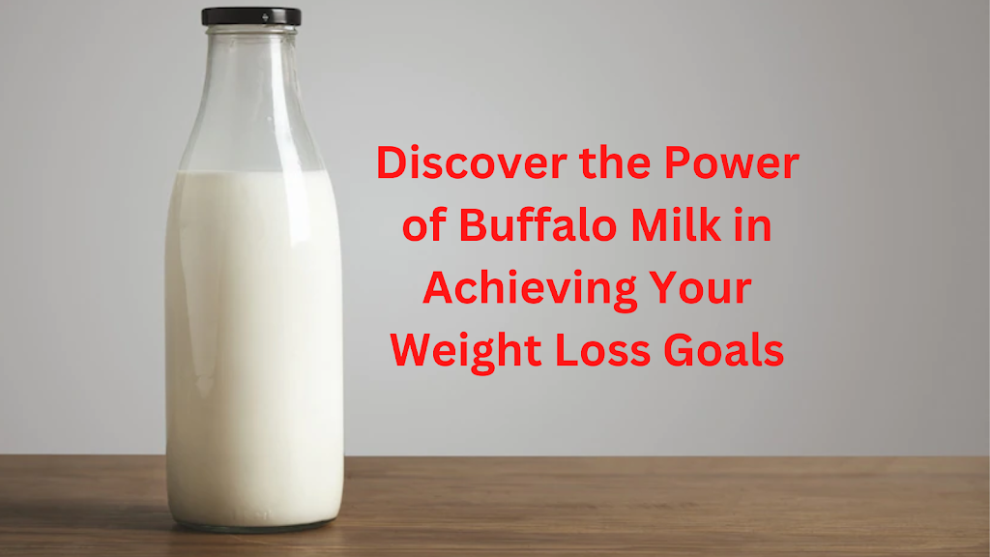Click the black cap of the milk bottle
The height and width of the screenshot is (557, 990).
(x=251, y=16)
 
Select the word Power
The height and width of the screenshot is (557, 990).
(x=732, y=162)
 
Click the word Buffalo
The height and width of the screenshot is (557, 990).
(x=538, y=224)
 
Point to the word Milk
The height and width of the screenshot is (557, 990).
(x=676, y=224)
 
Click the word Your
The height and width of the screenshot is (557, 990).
(x=701, y=287)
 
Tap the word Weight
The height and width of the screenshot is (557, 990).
(x=466, y=351)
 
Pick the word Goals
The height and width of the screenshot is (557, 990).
(x=723, y=350)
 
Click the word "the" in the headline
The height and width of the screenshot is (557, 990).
(x=615, y=162)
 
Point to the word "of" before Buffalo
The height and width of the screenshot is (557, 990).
(x=424, y=224)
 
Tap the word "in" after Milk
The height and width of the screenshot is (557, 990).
(x=752, y=224)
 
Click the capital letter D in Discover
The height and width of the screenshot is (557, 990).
(x=392, y=162)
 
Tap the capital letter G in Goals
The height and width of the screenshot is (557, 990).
(x=680, y=350)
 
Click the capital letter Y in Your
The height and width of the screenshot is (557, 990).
(x=665, y=287)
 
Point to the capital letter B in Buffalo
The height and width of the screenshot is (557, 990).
(x=473, y=224)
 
